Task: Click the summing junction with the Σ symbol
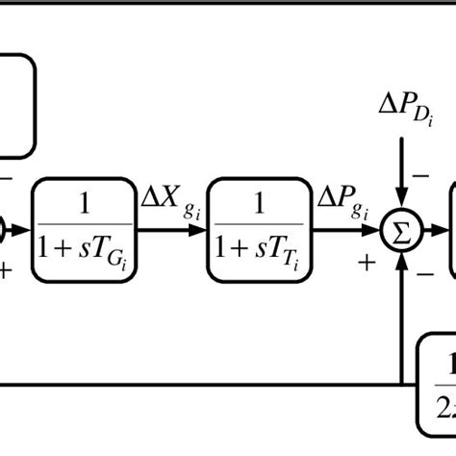400,231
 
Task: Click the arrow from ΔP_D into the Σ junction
400,178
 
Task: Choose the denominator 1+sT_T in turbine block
259,252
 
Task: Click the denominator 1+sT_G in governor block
83,252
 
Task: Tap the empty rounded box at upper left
14,105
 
